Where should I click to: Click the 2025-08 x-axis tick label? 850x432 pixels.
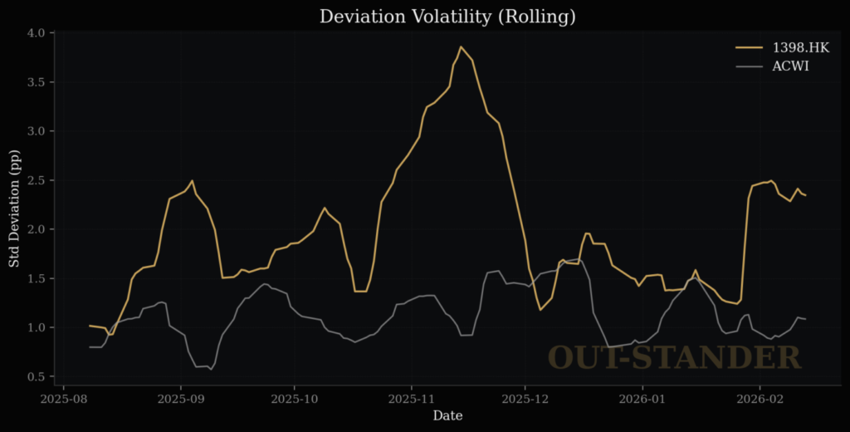click(x=65, y=398)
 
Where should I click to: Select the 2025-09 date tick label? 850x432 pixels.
click(x=181, y=398)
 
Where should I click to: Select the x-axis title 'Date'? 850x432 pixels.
click(x=447, y=415)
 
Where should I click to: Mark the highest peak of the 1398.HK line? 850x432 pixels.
click(x=462, y=47)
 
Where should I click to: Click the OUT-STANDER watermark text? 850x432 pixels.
click(x=674, y=357)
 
